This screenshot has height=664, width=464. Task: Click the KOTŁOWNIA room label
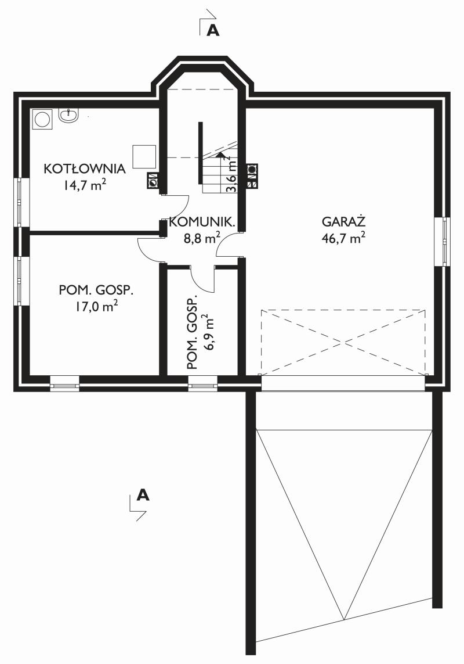[x=85, y=168]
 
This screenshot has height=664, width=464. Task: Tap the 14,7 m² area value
[x=85, y=185]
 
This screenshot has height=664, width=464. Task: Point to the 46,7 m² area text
[x=343, y=238]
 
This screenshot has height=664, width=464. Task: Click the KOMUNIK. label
[x=202, y=222]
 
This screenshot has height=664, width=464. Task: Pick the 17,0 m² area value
[x=96, y=306]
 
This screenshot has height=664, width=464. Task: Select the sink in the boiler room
[x=68, y=116]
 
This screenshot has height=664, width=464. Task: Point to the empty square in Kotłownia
[x=144, y=156]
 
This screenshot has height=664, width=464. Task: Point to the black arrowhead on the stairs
[x=219, y=154]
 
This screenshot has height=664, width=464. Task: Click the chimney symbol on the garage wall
[x=252, y=175]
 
